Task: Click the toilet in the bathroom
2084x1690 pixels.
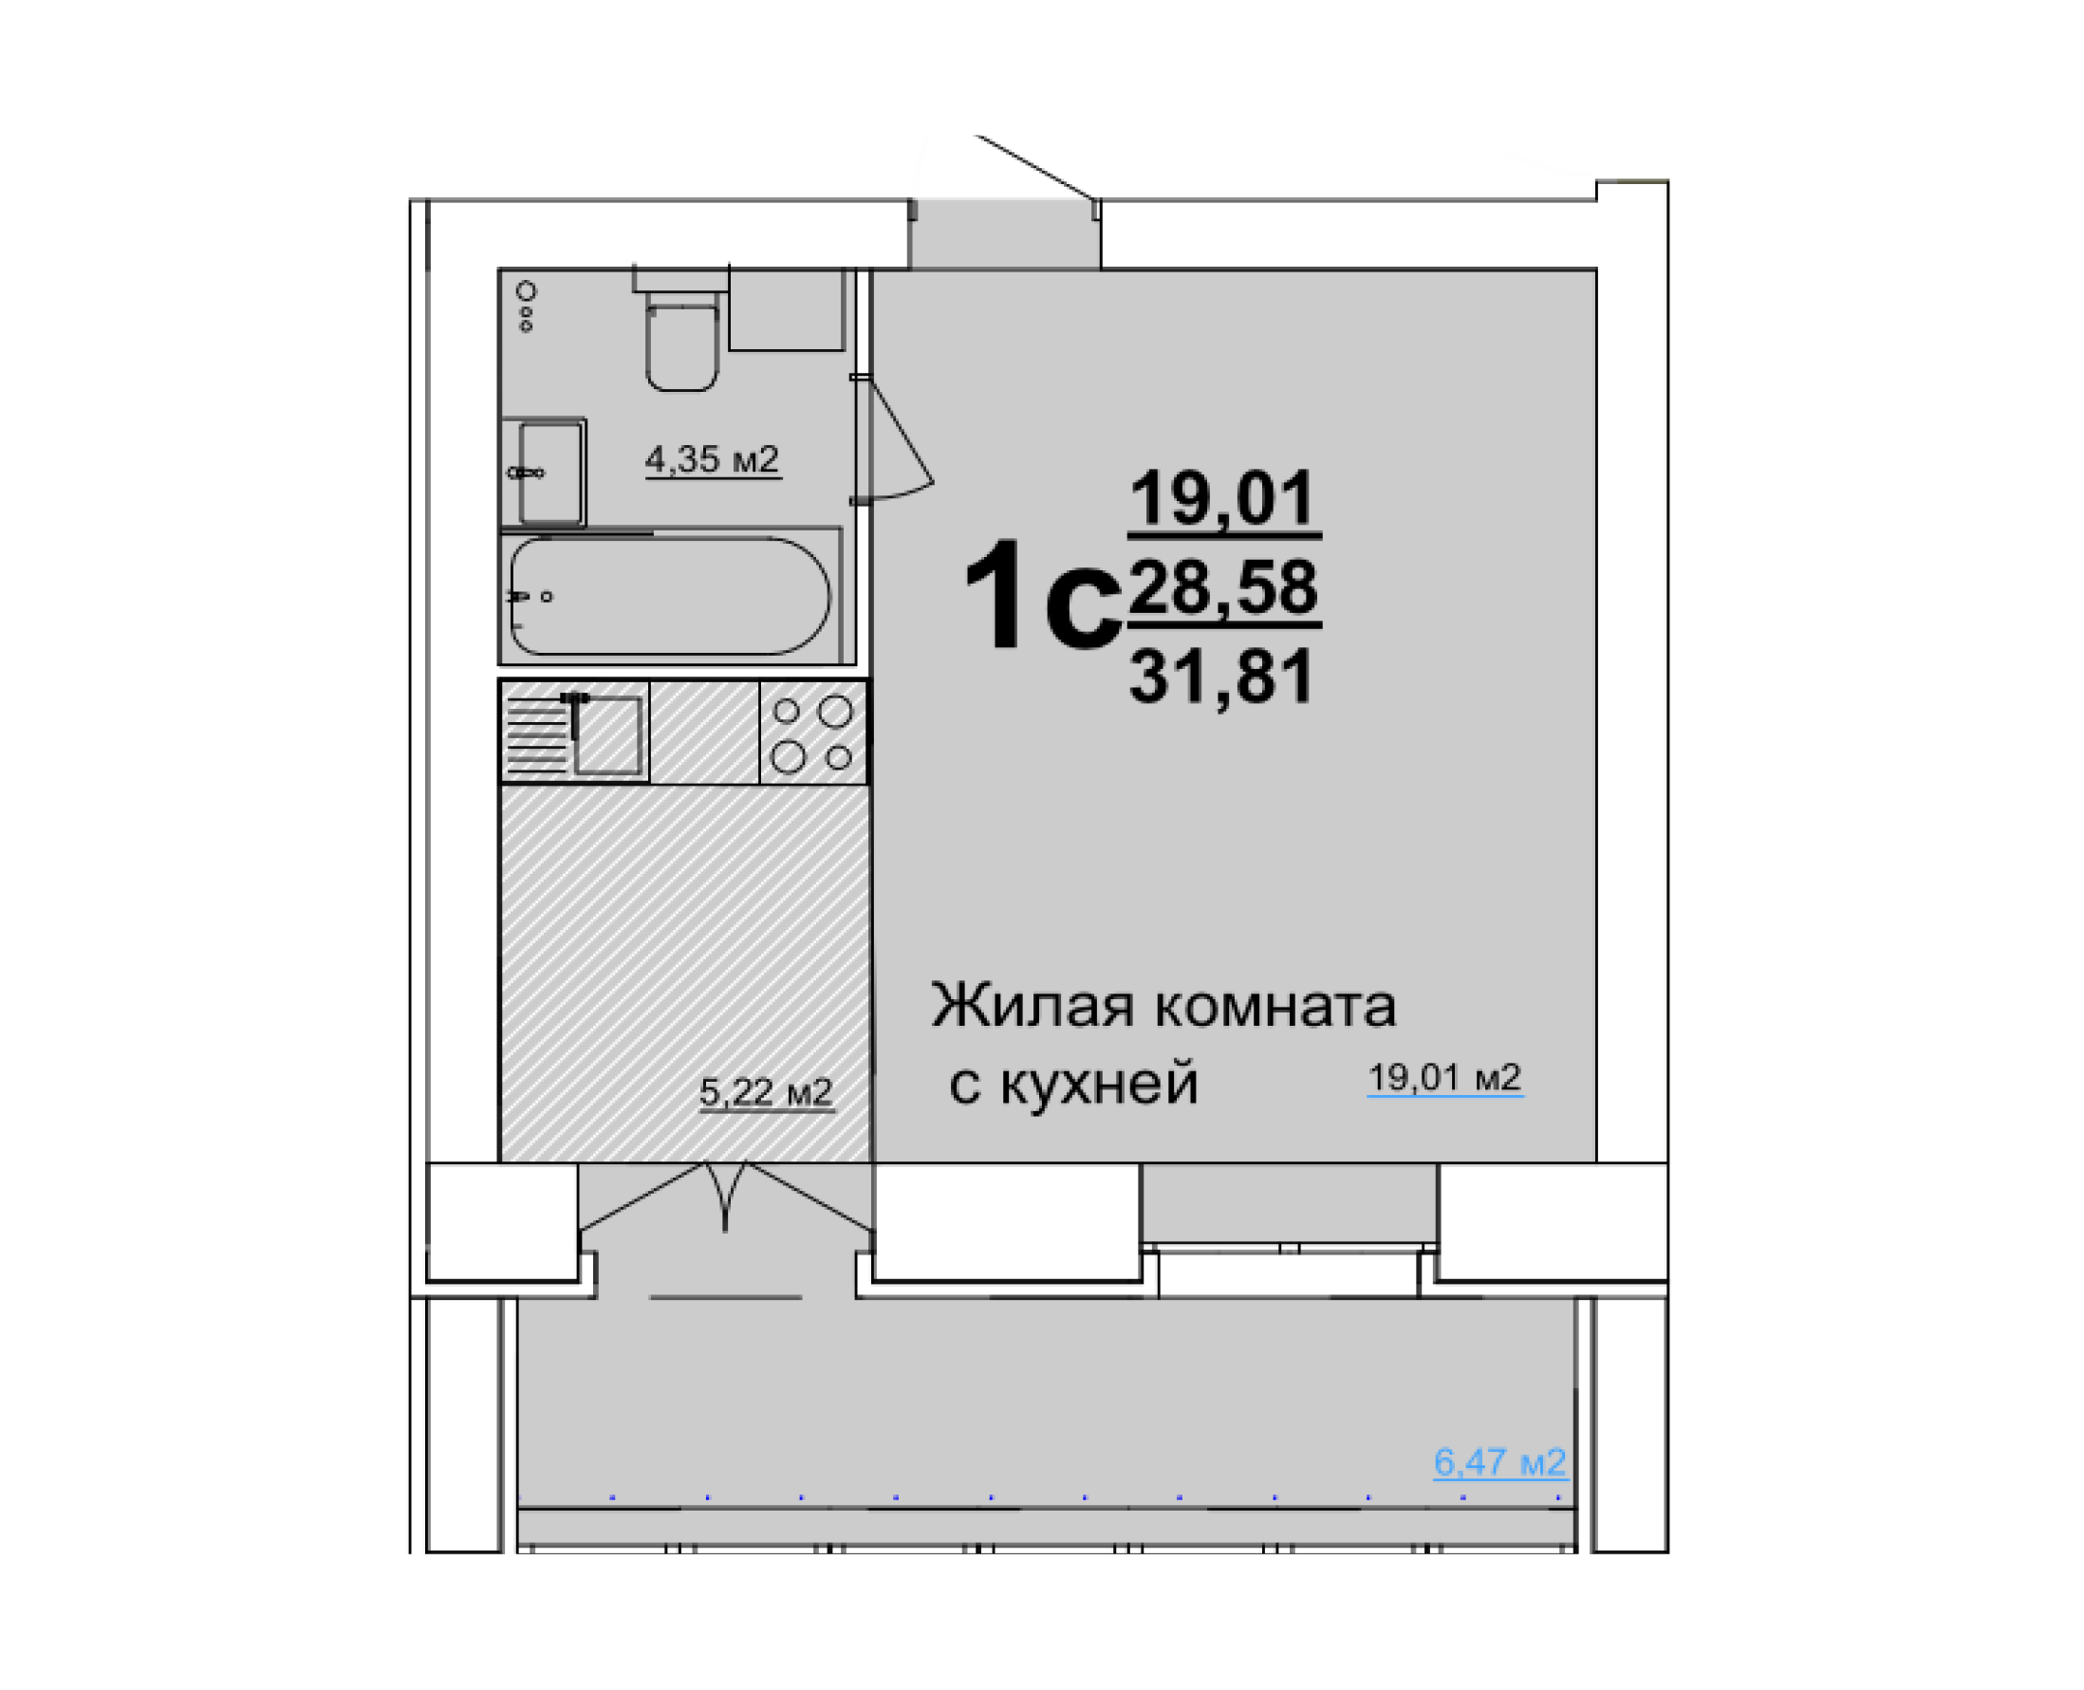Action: [681, 345]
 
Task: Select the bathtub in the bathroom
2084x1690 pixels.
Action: [670, 596]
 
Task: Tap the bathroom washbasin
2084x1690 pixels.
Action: [549, 473]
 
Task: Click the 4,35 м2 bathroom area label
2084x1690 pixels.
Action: [712, 458]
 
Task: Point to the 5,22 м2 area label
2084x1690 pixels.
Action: [765, 1091]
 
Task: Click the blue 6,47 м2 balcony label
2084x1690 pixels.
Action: [1499, 1461]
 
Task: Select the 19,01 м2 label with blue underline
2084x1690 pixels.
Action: [1443, 1078]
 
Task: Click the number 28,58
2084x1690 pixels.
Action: [1223, 587]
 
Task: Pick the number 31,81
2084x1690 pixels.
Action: [1221, 677]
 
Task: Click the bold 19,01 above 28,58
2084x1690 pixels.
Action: [1222, 497]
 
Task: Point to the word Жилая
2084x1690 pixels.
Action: [1031, 1005]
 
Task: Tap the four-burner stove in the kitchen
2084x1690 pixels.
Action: [811, 734]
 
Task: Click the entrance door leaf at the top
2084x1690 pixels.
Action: [1036, 167]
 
